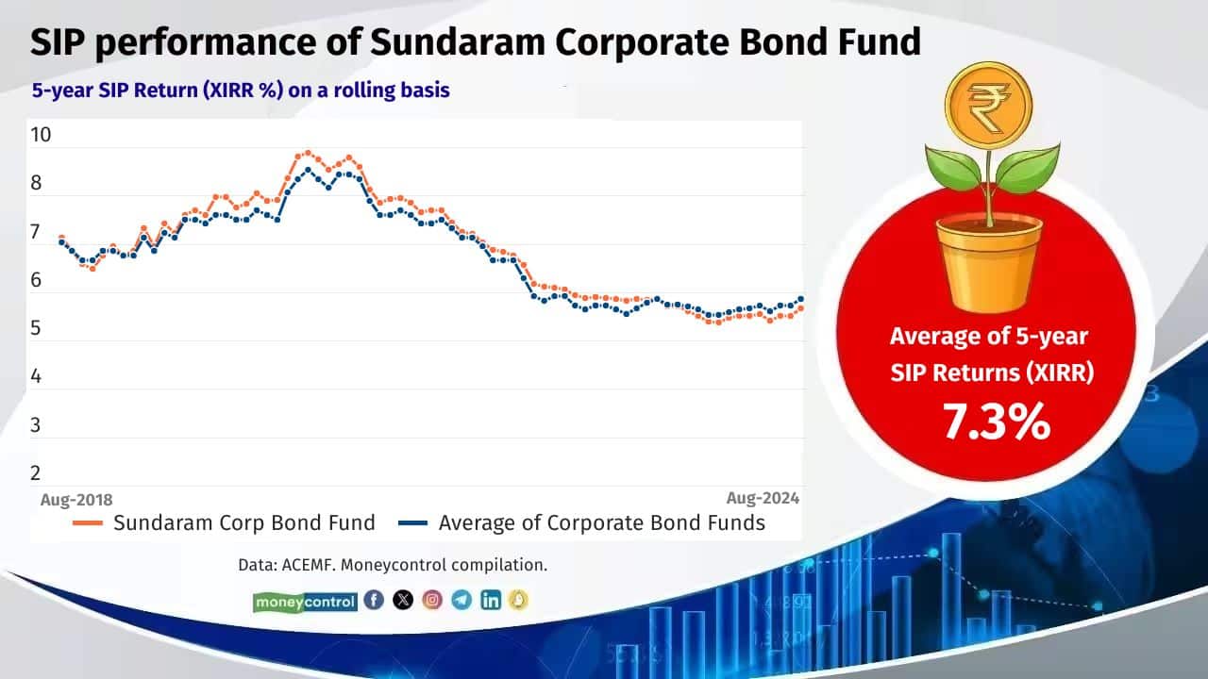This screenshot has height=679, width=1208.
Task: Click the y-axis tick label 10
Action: [41, 135]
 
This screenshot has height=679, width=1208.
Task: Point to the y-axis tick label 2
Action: [36, 473]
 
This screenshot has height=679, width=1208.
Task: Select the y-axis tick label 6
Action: [36, 280]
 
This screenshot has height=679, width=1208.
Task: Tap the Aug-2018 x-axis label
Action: [76, 499]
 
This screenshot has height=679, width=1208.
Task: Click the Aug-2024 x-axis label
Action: [763, 498]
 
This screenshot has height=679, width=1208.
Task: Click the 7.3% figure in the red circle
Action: [997, 422]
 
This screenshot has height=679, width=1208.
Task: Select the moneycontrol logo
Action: [305, 601]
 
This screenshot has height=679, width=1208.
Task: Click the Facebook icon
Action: [374, 600]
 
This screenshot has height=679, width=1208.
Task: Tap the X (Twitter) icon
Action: [403, 600]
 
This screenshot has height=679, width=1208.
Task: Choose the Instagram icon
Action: [432, 600]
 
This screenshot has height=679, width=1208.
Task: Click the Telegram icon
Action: [461, 600]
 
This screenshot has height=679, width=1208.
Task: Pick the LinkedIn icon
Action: [491, 600]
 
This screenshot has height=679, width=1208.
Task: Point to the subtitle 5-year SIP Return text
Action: [241, 91]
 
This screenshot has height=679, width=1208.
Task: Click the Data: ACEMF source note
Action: [393, 566]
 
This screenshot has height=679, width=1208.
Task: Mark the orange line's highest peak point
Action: [306, 152]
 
